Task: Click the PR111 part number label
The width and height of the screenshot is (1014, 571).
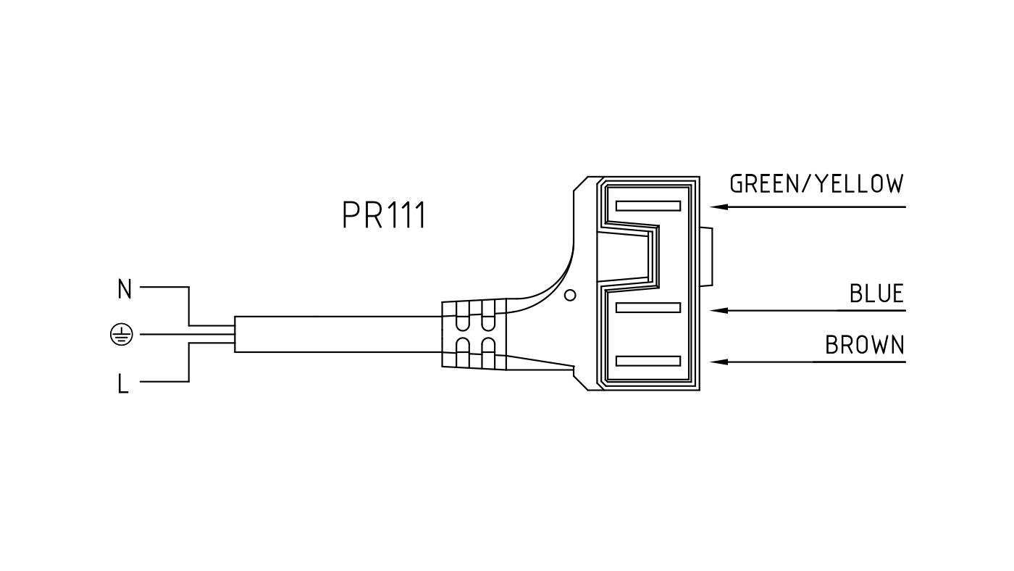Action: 384,215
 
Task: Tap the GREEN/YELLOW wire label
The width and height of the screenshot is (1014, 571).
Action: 817,184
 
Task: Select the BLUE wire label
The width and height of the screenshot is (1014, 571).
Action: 877,293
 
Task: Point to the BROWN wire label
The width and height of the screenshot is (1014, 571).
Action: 865,345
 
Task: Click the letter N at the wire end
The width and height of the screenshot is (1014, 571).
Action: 125,289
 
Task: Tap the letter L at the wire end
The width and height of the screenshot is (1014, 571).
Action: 123,383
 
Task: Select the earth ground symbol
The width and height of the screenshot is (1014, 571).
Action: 122,335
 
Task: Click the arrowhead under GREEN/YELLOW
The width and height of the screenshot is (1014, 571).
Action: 718,207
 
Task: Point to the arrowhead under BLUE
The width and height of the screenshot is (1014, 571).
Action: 718,311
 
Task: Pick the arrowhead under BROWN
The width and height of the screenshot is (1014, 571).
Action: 718,362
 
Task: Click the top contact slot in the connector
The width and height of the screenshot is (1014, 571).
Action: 648,206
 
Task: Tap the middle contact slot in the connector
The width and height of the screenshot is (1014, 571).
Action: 648,308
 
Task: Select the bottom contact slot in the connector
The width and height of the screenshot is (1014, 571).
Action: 648,361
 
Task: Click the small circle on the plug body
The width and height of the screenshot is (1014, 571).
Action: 571,295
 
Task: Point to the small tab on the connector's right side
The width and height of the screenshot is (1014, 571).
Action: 706,257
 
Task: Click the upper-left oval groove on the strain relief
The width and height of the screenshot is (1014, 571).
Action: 462,317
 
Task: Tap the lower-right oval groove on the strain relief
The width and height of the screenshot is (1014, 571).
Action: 488,352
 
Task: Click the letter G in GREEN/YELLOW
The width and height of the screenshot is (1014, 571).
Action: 737,184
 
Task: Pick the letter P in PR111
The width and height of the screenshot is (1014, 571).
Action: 350,215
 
